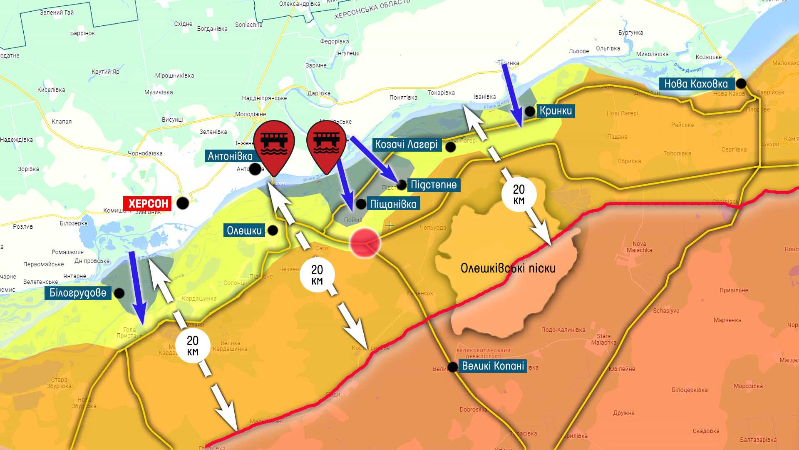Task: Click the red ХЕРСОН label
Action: [x=148, y=203]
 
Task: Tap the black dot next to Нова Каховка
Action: [x=741, y=84]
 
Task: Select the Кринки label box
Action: [x=556, y=111]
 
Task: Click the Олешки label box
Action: [x=244, y=230]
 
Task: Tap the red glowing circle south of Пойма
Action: [x=365, y=243]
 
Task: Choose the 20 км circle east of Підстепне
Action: [x=519, y=195]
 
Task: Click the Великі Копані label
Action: [x=493, y=366]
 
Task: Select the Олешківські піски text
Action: [x=508, y=268]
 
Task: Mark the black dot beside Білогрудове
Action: [x=119, y=293]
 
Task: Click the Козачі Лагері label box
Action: [x=406, y=145]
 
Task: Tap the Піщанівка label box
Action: [x=393, y=204]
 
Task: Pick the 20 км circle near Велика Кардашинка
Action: [x=192, y=346]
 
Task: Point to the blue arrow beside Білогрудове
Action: [x=137, y=287]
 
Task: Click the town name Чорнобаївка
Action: [x=145, y=153]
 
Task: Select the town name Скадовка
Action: [x=706, y=431]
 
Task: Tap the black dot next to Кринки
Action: [x=530, y=111]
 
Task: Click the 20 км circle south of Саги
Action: [x=317, y=275]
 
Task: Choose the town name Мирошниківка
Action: [x=174, y=75]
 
